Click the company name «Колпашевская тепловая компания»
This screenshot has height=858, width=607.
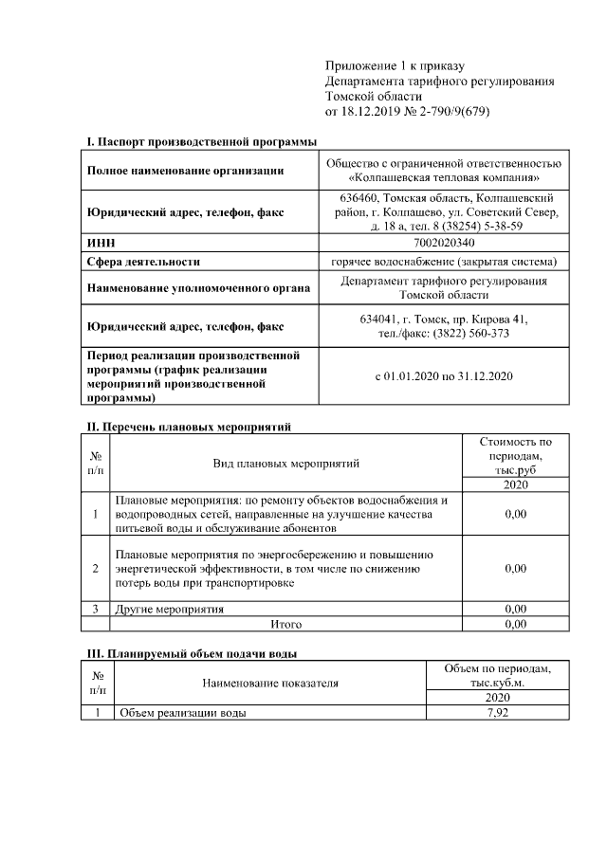pos(445,177)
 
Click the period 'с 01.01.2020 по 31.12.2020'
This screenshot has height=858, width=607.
pos(445,376)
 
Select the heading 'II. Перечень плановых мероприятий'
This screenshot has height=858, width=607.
pos(188,428)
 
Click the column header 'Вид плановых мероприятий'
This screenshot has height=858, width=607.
pos(286,464)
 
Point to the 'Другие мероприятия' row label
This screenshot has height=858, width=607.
pos(170,609)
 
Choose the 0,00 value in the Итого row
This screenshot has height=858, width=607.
pos(515,624)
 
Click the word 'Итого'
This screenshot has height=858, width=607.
pos(286,624)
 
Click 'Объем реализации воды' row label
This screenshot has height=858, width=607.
pos(180,713)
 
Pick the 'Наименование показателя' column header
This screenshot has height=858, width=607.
pos(270,682)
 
